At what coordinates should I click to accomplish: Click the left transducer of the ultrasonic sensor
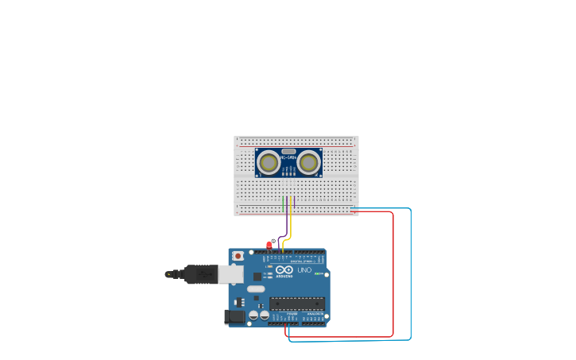pos(269,163)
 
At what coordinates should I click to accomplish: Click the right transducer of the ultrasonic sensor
pos(308,163)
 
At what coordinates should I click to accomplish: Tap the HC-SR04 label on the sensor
pos(288,157)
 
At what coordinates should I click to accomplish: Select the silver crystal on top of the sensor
pos(288,151)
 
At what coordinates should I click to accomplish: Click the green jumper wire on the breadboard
pos(283,204)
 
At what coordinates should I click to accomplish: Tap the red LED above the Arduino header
pos(269,245)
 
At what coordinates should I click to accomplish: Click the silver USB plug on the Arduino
pos(230,274)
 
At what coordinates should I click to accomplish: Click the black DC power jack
pos(234,316)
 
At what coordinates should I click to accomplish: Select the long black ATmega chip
pos(297,303)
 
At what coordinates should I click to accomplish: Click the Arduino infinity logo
pos(284,270)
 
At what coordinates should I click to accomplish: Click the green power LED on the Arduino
pos(318,273)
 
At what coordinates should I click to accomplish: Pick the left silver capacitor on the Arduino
pos(253,315)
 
